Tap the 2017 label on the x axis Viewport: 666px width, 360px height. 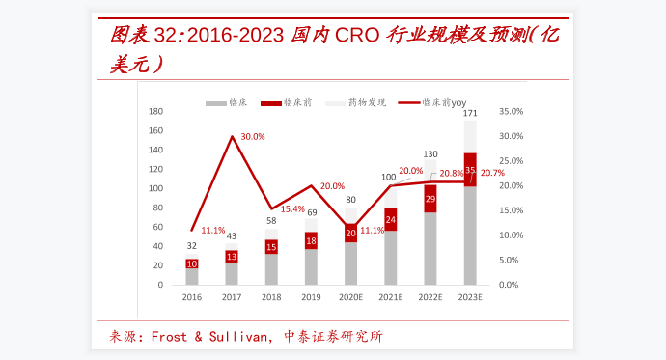point(232,298)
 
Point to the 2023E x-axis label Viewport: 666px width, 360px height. point(470,298)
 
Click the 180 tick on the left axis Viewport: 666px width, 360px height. point(155,111)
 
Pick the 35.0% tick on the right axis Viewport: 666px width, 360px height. point(512,111)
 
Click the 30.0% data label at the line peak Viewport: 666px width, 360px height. point(253,137)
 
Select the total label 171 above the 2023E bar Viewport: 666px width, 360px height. point(470,113)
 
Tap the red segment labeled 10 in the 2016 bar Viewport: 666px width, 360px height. point(192,263)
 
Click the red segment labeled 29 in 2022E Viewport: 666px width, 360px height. point(430,199)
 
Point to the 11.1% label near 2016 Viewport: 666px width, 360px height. point(213,231)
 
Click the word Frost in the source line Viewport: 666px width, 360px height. point(170,337)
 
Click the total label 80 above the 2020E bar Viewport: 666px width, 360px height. point(351,200)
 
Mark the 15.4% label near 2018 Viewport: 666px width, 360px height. point(292,209)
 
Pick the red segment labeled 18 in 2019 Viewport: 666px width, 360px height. point(311,240)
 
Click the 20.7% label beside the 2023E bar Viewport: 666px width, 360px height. point(492,173)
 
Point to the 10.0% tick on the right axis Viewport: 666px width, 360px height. point(512,235)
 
